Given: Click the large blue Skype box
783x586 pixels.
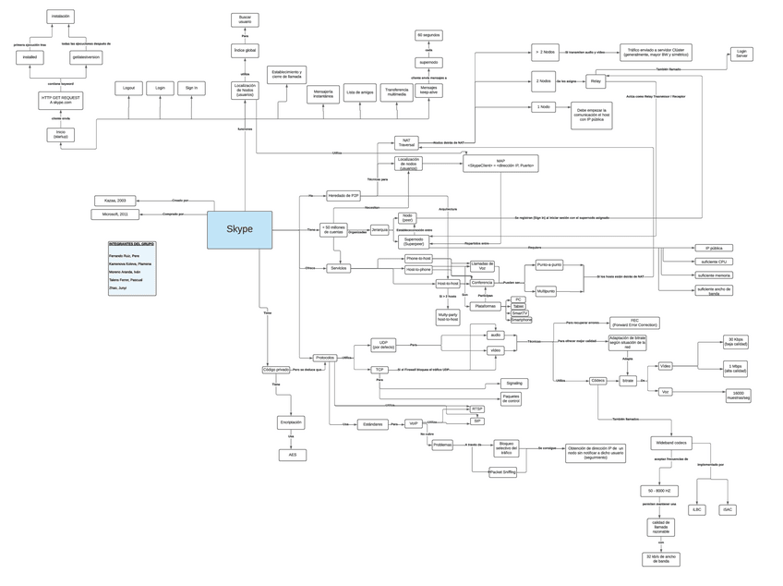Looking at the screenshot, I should [x=239, y=229].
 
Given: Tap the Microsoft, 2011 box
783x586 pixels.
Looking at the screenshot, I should [x=115, y=214].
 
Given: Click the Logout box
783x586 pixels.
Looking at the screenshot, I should [x=128, y=88].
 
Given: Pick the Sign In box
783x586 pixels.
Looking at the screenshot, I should [x=191, y=88].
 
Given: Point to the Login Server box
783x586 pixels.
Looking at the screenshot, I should [x=741, y=55].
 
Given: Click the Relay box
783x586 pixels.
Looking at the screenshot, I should [x=596, y=81].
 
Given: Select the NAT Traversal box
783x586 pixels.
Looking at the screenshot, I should [x=406, y=143].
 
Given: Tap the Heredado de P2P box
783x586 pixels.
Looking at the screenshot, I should [x=343, y=195].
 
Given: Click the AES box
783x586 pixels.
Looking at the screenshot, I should [x=292, y=455].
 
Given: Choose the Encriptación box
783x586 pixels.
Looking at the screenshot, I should [x=291, y=422].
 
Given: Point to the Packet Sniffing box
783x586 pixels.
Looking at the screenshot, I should [x=502, y=471].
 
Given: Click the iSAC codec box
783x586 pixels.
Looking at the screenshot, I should [x=727, y=509].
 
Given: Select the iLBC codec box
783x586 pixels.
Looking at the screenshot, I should [x=697, y=509].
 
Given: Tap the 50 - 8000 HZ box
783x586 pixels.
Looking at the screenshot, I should [x=659, y=491].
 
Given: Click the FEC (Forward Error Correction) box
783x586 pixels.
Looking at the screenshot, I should [x=634, y=324].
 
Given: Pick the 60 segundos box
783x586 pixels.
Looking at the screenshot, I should [x=428, y=35].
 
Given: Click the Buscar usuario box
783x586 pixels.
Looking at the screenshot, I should [x=245, y=19].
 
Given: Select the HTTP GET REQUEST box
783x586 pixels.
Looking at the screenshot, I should [x=60, y=100].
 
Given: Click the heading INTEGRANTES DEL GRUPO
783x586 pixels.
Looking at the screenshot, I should [x=131, y=244].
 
